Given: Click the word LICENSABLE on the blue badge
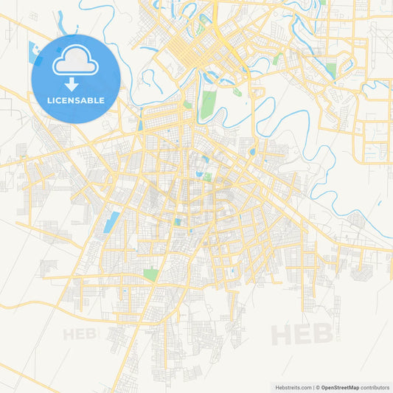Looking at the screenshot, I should [x=76, y=100].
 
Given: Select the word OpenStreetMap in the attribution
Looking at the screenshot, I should [x=340, y=387].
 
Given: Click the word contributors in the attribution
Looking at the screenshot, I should [x=375, y=387].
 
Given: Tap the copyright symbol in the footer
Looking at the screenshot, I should [x=317, y=387].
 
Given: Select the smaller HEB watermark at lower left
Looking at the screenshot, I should [x=80, y=334].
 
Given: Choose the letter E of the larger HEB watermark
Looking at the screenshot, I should [x=302, y=334].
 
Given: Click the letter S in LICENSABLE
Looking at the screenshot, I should [x=76, y=100].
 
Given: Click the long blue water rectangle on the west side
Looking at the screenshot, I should [x=114, y=220].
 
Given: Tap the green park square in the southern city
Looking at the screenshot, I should [x=150, y=274].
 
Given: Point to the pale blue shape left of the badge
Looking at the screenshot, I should [x=33, y=52].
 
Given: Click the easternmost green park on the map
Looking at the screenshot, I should [x=331, y=71].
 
